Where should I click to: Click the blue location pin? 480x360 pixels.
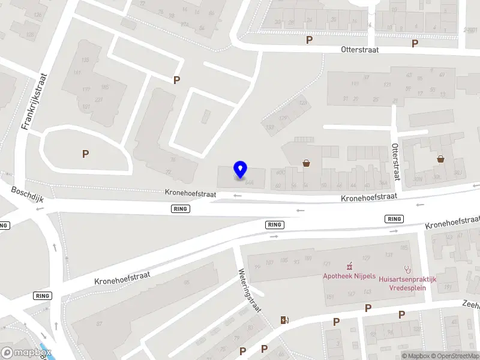(x=240, y=170)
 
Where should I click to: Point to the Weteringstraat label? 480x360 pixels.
(x=251, y=291)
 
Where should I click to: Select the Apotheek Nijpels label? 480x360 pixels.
(x=349, y=276)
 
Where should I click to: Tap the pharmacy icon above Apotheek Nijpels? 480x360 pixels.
(x=349, y=266)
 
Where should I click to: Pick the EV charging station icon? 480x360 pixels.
(x=284, y=320)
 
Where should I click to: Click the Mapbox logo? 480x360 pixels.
(x=26, y=353)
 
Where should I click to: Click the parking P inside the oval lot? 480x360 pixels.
(x=85, y=154)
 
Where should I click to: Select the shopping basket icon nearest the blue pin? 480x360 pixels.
(x=306, y=163)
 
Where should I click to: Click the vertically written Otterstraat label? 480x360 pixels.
(x=395, y=161)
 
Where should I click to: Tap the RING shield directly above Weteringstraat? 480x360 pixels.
(x=274, y=224)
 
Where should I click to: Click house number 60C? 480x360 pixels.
(x=279, y=173)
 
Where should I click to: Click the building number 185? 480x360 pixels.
(x=404, y=247)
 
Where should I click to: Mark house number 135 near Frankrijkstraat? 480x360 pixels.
(x=85, y=60)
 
